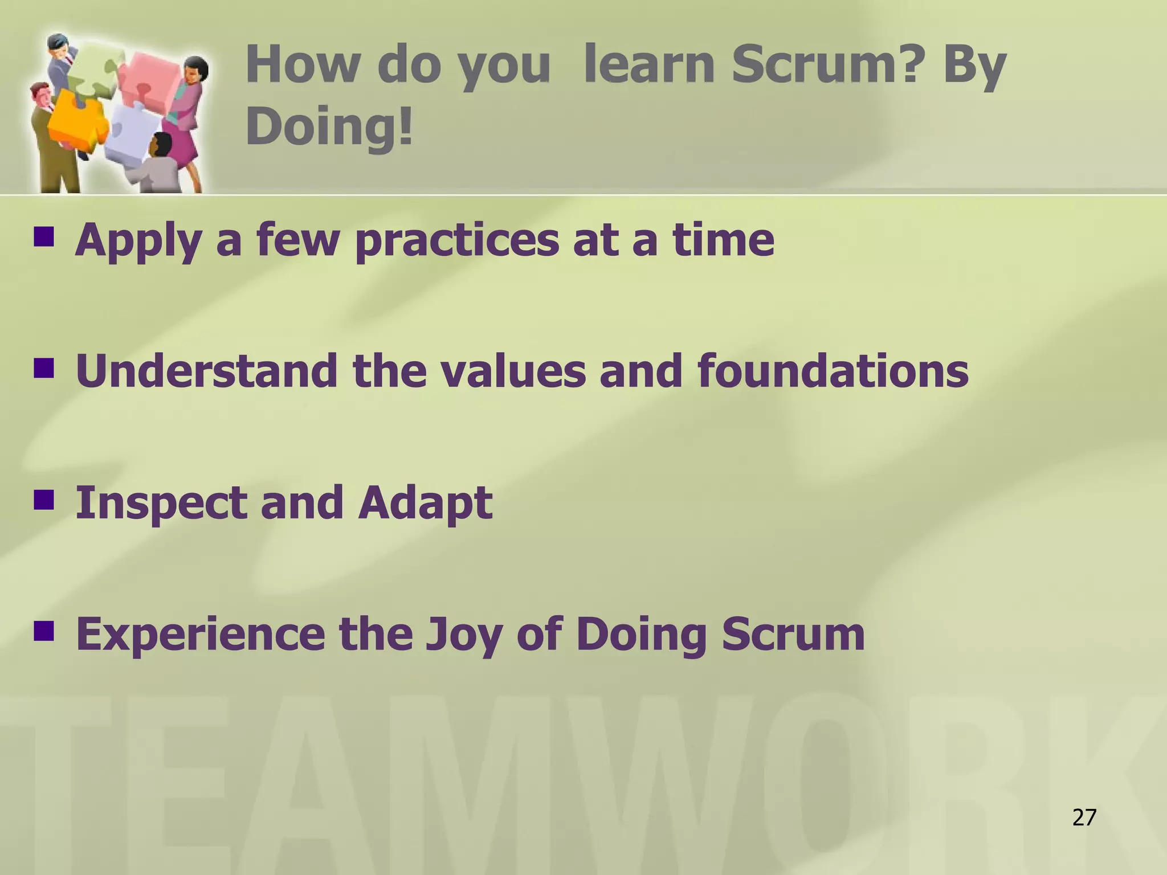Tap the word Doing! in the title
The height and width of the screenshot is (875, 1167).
[329, 126]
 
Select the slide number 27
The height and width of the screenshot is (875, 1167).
[1084, 817]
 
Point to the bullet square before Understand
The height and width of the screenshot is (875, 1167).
[44, 368]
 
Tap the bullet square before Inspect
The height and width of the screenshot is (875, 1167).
[44, 500]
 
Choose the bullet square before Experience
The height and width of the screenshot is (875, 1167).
[44, 631]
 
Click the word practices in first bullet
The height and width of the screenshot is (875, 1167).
[456, 240]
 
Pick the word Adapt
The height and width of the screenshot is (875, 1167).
[425, 504]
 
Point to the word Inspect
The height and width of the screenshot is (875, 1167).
[161, 504]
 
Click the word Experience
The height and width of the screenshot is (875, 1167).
[200, 635]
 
